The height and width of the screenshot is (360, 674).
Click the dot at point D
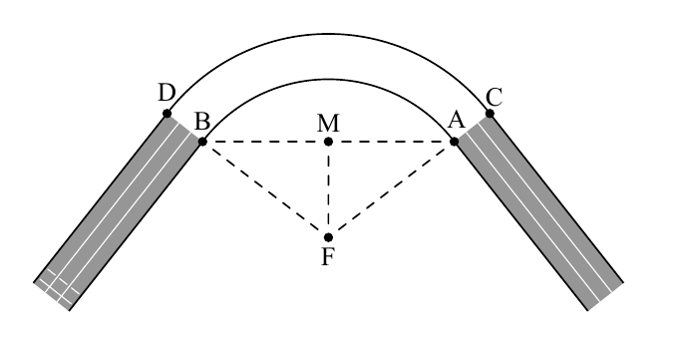pos(168,114)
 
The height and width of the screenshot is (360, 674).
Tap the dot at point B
pos(202,141)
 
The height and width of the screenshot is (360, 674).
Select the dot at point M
pos(328,142)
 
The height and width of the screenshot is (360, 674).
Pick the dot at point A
pos(454,141)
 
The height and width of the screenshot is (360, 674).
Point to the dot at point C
pos(490,114)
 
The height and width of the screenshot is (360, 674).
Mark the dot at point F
pos(328,237)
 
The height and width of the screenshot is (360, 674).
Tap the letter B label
pos(202,121)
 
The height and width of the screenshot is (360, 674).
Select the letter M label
pos(328,124)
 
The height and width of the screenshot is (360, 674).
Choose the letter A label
pos(456,120)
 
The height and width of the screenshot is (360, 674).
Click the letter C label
pos(495,98)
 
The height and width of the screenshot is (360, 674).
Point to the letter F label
pos(328,257)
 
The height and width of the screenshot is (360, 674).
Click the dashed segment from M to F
pos(328,189)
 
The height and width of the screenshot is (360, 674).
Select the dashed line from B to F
pos(265,189)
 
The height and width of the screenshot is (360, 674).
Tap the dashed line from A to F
pos(391,189)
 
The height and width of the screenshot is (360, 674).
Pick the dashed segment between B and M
pos(265,142)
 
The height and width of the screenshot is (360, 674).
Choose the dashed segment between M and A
pos(391,142)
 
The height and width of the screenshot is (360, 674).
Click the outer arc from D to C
pos(328,34)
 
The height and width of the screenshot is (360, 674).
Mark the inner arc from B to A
pos(328,79)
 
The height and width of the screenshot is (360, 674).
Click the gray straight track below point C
pos(539,211)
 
